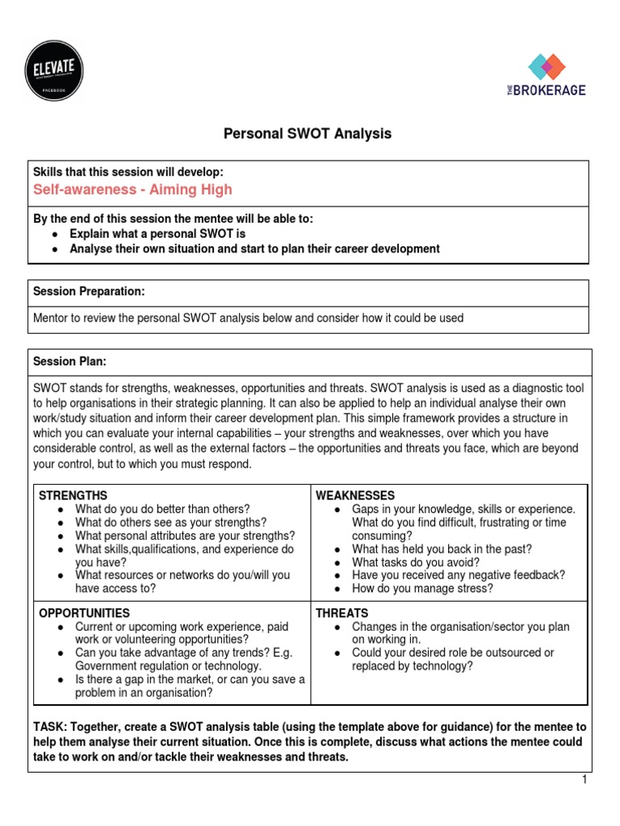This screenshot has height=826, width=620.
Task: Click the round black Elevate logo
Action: point(55,69)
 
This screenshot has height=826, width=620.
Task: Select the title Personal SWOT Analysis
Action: point(308,134)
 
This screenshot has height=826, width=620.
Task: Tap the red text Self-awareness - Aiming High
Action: point(132,190)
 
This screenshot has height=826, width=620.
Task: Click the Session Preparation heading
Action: point(89,290)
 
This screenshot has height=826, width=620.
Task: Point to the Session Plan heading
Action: point(69,361)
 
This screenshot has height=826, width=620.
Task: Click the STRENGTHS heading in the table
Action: point(73,494)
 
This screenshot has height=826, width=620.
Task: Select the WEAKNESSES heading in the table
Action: point(355,494)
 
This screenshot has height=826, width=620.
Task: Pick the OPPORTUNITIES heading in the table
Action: point(85,613)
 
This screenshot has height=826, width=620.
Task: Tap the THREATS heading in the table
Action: point(341,613)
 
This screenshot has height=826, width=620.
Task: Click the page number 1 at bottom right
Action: point(583,780)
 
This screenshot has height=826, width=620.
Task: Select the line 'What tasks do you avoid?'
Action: point(416,562)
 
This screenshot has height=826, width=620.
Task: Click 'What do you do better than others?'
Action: point(162,509)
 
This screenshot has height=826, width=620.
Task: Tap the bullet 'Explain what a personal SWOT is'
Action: point(157,234)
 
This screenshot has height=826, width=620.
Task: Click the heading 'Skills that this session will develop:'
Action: point(128,172)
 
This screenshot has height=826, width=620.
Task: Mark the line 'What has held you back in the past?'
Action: point(442,549)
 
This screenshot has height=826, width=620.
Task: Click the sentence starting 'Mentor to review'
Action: point(248,318)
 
